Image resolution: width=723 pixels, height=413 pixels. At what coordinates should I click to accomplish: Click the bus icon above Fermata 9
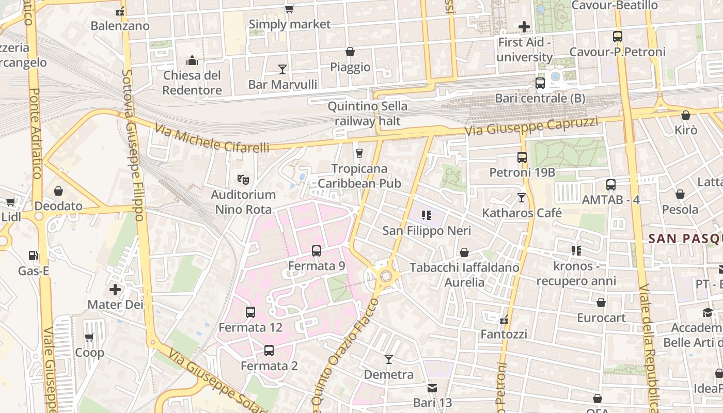pos(317,251)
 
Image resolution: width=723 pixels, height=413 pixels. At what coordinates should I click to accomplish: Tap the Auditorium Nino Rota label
pos(243,202)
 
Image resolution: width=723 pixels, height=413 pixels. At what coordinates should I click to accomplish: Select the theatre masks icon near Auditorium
pos(243,180)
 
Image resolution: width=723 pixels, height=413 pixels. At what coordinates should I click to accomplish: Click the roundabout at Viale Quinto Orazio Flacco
pos(385,276)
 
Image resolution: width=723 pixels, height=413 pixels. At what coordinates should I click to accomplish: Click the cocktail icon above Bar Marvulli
pos(282,69)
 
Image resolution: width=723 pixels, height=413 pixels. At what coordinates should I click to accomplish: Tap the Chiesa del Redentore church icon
pos(192,60)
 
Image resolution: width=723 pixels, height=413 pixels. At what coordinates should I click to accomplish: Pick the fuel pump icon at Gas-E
pos(34,255)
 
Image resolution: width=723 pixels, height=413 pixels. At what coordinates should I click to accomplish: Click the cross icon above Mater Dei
pos(115,289)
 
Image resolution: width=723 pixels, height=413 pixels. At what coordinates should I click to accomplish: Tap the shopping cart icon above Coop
pos(89,337)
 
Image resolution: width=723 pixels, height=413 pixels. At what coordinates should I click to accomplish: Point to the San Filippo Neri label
pos(419,231)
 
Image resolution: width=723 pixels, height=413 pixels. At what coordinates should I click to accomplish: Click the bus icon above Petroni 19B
pos(522,157)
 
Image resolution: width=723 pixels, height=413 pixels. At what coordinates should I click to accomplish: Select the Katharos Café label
pos(522,213)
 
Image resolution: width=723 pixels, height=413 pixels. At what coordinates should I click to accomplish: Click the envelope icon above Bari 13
pos(432,388)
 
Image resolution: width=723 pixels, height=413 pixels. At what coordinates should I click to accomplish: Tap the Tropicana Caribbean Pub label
pos(359,176)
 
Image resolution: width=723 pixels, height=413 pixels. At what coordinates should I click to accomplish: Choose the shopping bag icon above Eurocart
pos(601,303)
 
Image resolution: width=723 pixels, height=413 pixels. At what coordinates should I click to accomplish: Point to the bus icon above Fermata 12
pos(250,312)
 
